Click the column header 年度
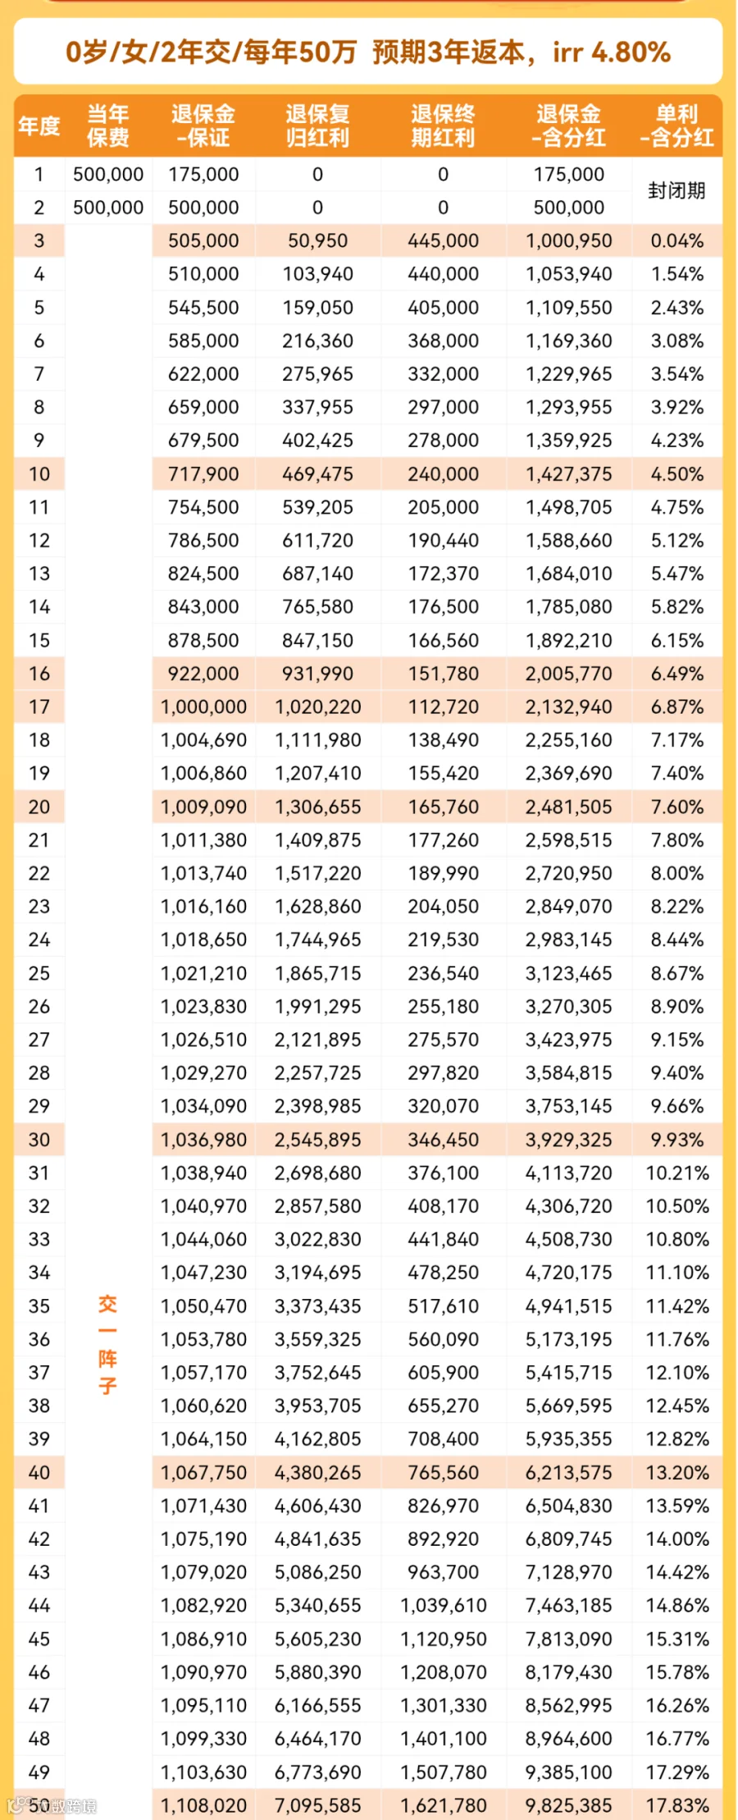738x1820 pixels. click(x=39, y=126)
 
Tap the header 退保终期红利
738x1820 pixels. click(x=443, y=126)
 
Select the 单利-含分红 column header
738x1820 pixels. click(x=676, y=126)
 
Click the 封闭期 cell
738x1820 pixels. click(x=676, y=190)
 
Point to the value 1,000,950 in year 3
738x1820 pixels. click(x=569, y=240)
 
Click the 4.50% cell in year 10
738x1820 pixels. click(x=676, y=473)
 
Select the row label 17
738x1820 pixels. click(x=39, y=707)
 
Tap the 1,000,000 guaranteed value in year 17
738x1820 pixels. click(x=203, y=707)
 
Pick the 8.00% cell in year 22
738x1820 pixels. click(x=676, y=873)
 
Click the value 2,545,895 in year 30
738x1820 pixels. click(x=318, y=1139)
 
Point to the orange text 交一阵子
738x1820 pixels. click(x=107, y=1344)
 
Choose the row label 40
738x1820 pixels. click(x=39, y=1472)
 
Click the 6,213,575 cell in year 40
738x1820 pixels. click(x=569, y=1472)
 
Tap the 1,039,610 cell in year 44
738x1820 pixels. click(x=443, y=1605)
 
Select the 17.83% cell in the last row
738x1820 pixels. click(x=676, y=1805)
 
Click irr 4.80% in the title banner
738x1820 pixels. click(x=612, y=53)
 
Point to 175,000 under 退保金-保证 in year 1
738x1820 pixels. click(x=203, y=174)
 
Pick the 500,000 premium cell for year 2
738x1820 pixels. click(x=108, y=208)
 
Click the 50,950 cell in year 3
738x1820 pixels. click(x=318, y=240)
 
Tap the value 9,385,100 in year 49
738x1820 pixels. click(x=569, y=1772)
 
